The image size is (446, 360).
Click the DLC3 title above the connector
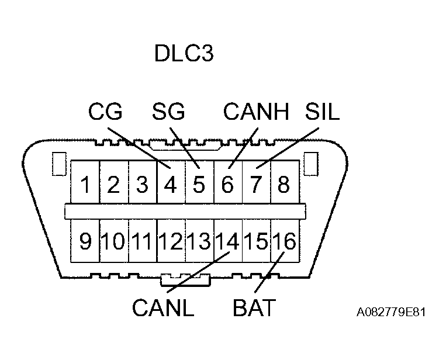184,54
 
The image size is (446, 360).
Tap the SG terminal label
168,111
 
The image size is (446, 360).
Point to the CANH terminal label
257,111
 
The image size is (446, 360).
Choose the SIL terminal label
322,111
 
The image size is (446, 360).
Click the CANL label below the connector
163,308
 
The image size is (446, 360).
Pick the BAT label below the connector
254,308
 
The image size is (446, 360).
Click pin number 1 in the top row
85,185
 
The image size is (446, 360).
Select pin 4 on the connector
171,185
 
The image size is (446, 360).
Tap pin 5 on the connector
199,185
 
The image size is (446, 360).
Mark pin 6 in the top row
227,185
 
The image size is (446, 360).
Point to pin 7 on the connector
256,185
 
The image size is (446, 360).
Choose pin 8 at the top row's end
283,185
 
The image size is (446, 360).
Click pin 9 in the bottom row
85,241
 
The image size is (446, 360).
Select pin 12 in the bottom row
171,241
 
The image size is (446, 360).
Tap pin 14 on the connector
227,241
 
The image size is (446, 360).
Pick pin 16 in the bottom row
284,241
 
